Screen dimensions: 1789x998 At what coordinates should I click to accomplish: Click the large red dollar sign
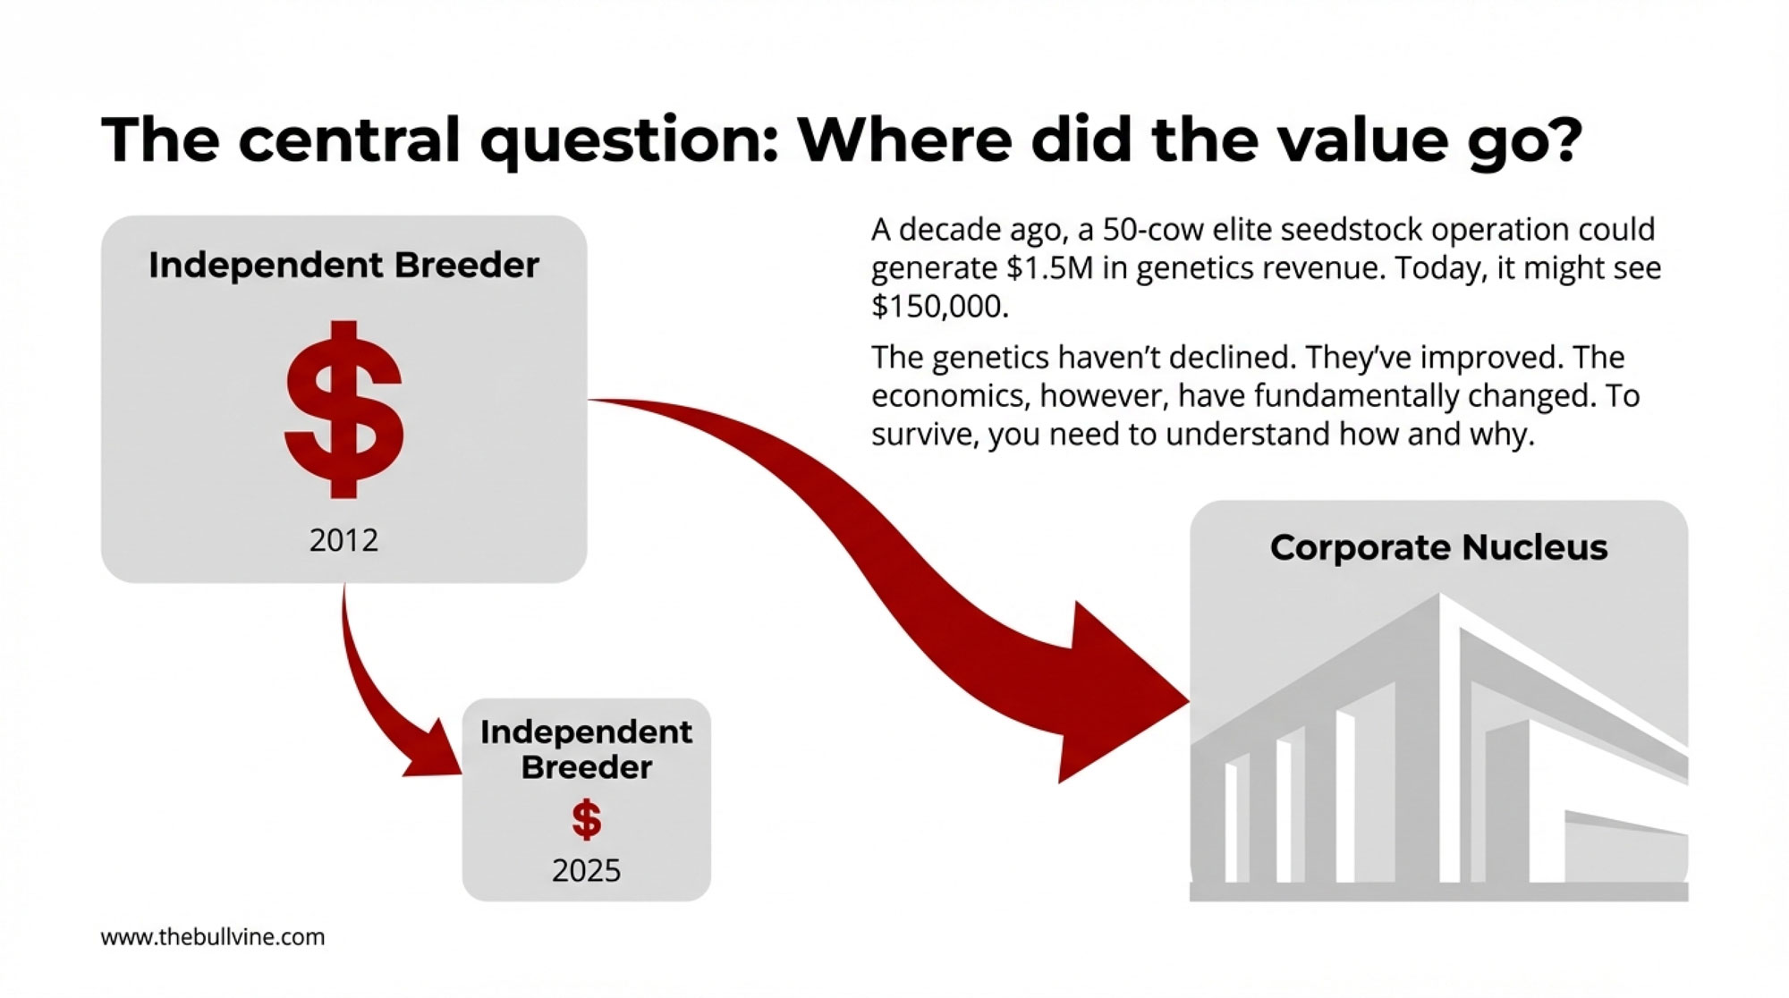coord(344,409)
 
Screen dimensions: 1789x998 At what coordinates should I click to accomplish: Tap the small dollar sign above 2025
coord(586,819)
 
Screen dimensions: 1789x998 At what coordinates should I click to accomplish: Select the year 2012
coord(343,540)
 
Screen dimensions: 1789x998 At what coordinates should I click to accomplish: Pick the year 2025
coord(586,870)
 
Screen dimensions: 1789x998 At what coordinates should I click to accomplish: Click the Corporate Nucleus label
coord(1438,547)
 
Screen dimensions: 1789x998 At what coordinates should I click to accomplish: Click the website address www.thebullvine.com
coord(213,937)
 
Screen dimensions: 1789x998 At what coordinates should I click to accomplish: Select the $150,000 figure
coord(939,307)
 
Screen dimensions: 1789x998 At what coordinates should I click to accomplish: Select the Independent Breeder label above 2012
coord(343,266)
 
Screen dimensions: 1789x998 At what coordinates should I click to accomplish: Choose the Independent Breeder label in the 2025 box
coord(586,749)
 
